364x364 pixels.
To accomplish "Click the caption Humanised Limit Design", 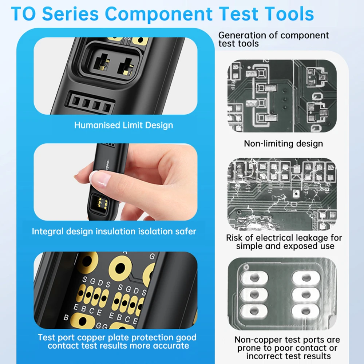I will coord(123,125).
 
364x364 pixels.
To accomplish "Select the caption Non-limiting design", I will coord(283,143).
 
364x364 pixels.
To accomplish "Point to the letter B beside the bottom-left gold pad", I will coord(66,317).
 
